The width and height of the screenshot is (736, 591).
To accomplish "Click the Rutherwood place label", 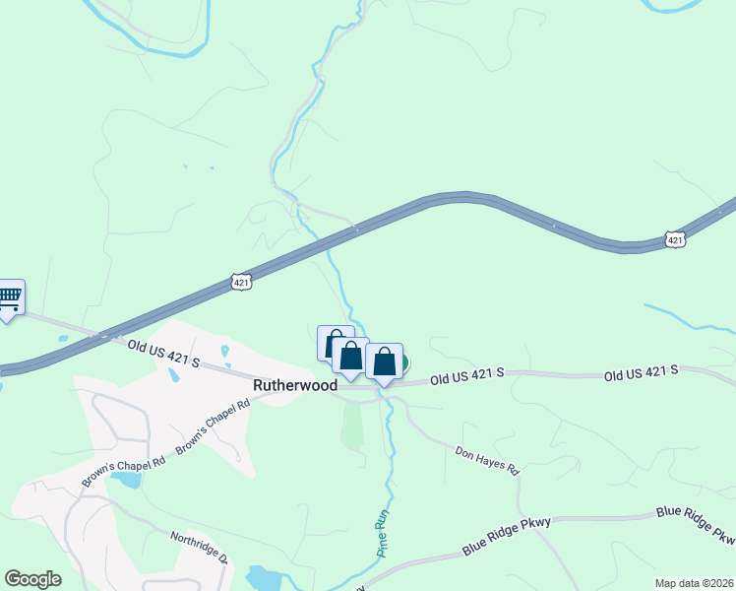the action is pos(295,386).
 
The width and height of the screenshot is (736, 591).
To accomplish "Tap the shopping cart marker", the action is pos(9,296).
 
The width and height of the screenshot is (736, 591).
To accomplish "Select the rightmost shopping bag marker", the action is pos(384,362).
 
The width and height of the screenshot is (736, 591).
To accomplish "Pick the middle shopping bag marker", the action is pos(350,356).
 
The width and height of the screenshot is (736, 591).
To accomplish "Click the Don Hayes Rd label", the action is pos(486,459).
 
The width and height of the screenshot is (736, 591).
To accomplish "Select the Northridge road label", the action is pos(200,546).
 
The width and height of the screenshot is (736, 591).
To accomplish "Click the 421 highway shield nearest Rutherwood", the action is pos(242,283).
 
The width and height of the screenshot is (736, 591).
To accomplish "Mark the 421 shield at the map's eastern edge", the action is pos(674,239).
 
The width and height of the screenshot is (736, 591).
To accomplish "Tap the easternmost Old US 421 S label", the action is pos(641,371).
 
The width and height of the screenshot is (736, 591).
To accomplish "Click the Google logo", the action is pos(32,578).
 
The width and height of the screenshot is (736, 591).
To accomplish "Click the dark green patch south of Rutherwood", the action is pos(352,425).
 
